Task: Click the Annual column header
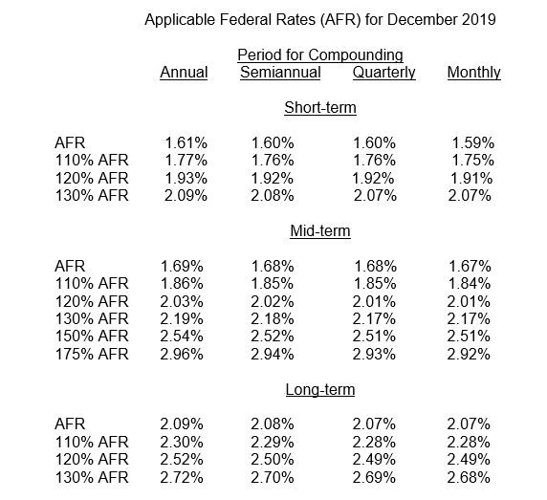click(x=184, y=73)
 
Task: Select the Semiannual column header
click(x=280, y=73)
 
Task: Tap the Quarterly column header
click(x=384, y=74)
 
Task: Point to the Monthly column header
click(x=474, y=74)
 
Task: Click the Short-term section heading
click(x=320, y=107)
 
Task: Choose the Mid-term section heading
click(x=320, y=230)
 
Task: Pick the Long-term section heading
click(x=320, y=390)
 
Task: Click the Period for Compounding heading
click(x=320, y=55)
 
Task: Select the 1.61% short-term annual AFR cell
click(x=186, y=143)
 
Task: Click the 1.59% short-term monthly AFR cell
click(x=473, y=143)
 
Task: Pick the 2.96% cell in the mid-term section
click(x=182, y=355)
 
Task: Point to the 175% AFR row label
click(x=92, y=355)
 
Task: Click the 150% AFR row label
click(x=92, y=337)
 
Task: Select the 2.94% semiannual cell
click(x=273, y=355)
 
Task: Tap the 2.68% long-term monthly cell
click(x=469, y=478)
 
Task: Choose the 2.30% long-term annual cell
click(x=182, y=443)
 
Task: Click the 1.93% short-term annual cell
click(x=186, y=179)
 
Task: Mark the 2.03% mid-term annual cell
click(x=182, y=301)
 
